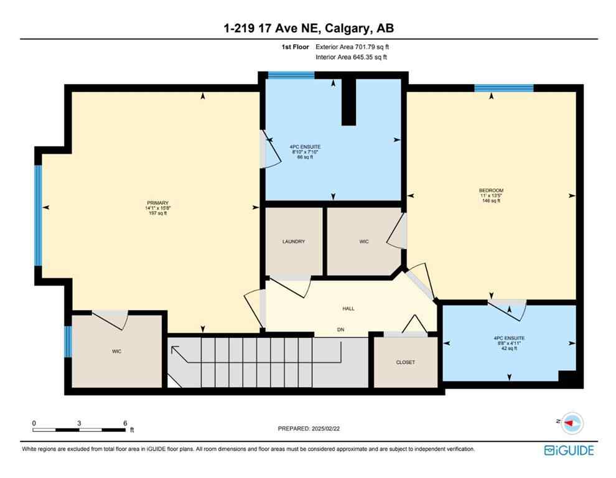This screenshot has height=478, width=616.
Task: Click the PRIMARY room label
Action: pyautogui.click(x=156, y=203)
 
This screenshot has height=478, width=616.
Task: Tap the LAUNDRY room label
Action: pyautogui.click(x=293, y=241)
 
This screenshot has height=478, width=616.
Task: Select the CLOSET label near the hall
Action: pyautogui.click(x=405, y=362)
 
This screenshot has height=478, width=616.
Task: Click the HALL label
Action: pyautogui.click(x=348, y=309)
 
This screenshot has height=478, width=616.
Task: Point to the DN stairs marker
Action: pyautogui.click(x=340, y=330)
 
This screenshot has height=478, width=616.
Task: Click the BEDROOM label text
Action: pyautogui.click(x=491, y=190)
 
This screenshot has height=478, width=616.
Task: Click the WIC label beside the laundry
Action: pyautogui.click(x=364, y=241)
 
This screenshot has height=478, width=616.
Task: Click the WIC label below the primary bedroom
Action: pyautogui.click(x=116, y=352)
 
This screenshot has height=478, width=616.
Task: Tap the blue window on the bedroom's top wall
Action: pyautogui.click(x=503, y=88)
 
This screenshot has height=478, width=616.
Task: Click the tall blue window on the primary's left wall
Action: pyautogui.click(x=38, y=215)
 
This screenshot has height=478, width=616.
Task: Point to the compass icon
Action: pyautogui.click(x=572, y=423)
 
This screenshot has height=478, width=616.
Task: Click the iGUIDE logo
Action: pyautogui.click(x=568, y=450)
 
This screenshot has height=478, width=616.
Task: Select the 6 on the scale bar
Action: pyautogui.click(x=125, y=423)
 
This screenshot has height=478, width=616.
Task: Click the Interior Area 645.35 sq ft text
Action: pyautogui.click(x=352, y=57)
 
